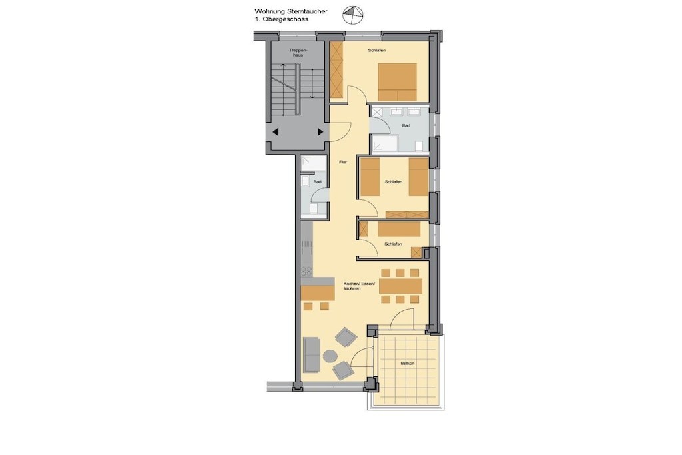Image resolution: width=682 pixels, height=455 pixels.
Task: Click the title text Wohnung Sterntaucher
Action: pyautogui.click(x=291, y=12)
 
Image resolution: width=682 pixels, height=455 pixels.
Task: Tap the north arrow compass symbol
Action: pyautogui.click(x=353, y=15)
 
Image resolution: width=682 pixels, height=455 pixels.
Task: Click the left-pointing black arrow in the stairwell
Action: pyautogui.click(x=275, y=132)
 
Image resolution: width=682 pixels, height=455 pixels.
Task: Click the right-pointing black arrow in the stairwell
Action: pyautogui.click(x=320, y=132)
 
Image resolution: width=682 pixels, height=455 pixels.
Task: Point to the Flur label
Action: pyautogui.click(x=343, y=163)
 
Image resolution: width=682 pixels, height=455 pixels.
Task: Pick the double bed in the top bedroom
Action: pyautogui.click(x=397, y=82)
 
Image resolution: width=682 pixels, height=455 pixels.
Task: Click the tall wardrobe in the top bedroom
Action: pyautogui.click(x=336, y=69)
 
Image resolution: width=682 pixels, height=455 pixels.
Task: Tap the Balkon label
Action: pyautogui.click(x=408, y=364)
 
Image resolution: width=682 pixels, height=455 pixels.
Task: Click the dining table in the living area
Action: pyautogui.click(x=400, y=286)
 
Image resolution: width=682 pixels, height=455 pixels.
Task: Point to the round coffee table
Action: pyautogui.click(x=330, y=356)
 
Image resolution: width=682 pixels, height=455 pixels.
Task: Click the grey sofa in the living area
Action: pyautogui.click(x=312, y=355)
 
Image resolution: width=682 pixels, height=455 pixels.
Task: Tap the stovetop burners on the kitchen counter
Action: pyautogui.click(x=306, y=271)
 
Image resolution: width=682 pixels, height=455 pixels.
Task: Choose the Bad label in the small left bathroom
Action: pyautogui.click(x=318, y=182)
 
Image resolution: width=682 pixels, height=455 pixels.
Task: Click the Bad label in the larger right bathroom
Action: pyautogui.click(x=406, y=126)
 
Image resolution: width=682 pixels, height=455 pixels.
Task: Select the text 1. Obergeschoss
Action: pyautogui.click(x=282, y=19)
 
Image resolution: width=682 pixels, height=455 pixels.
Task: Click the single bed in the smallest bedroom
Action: pyautogui.click(x=399, y=229)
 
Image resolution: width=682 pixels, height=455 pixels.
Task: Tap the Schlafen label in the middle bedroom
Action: pyautogui.click(x=393, y=182)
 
